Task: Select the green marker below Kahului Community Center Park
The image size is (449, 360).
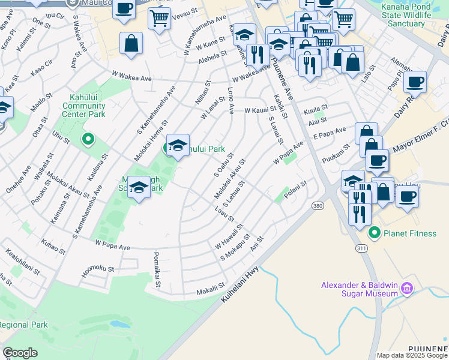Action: (88, 140)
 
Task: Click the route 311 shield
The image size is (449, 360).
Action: (362, 247)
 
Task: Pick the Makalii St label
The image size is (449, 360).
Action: (211, 292)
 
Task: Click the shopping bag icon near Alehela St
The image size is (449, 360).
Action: (131, 44)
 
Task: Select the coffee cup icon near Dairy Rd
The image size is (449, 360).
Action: (415, 82)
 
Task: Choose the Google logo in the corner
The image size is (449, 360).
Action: (20, 353)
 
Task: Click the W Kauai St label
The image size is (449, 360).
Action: (260, 110)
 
